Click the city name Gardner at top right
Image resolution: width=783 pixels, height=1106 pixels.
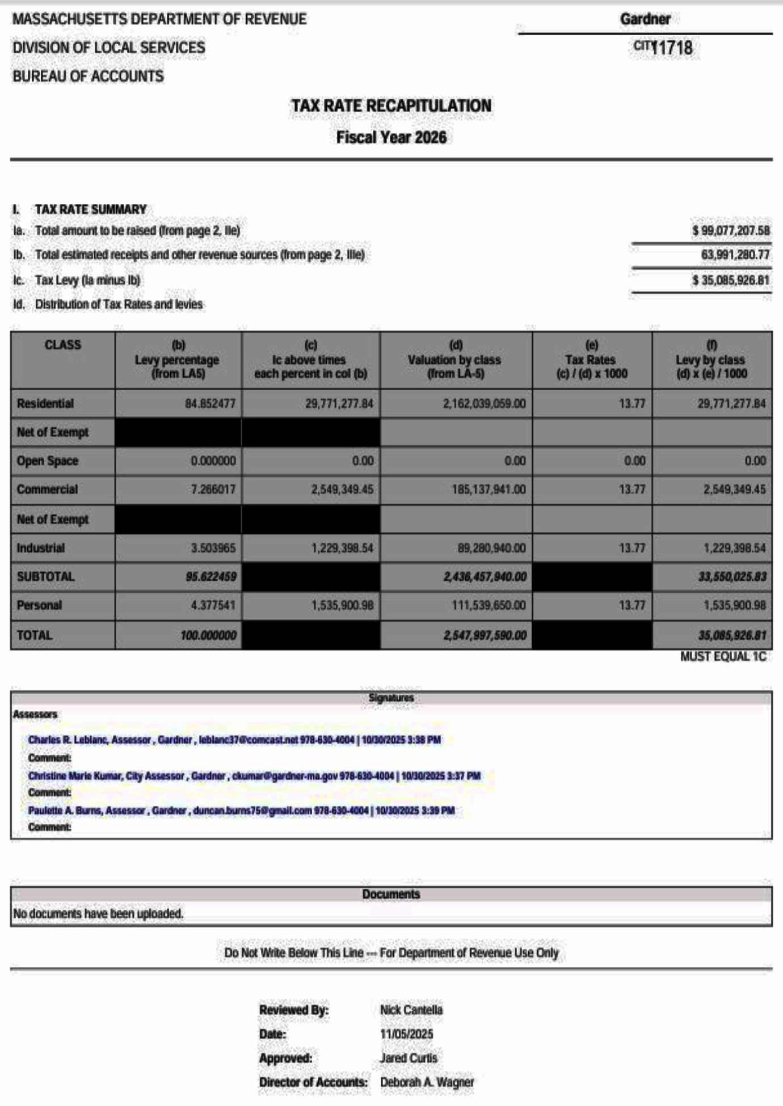coord(645,19)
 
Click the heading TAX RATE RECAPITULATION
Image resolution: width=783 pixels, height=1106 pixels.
coord(391,106)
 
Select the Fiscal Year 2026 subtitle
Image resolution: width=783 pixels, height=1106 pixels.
coord(391,137)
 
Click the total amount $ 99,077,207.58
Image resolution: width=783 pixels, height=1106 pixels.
coord(731,231)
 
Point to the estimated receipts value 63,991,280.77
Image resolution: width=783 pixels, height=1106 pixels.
coord(735,255)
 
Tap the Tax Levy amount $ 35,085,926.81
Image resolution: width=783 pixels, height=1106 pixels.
coord(731,280)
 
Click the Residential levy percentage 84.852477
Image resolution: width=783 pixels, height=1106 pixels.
coord(210,404)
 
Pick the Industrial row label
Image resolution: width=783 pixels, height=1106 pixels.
coord(41,548)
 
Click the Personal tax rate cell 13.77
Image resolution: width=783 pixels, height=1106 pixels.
coord(632,605)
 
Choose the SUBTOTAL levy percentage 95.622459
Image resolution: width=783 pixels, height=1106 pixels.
coord(211,577)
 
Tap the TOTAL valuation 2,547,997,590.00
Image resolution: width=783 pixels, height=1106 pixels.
coord(485,635)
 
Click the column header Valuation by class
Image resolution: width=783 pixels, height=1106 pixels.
coord(455,360)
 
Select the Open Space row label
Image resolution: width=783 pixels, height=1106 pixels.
coord(48,461)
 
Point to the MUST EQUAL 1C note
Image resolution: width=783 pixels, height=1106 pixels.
coord(723,657)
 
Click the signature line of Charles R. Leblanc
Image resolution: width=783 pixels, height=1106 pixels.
coord(234,740)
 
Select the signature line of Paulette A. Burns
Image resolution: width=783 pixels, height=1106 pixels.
coord(241,810)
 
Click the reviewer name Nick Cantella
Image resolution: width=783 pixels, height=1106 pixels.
coord(411,1010)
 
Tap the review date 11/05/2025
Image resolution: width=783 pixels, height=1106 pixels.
coord(406,1034)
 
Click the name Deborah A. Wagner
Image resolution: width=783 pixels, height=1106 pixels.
coord(427,1082)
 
